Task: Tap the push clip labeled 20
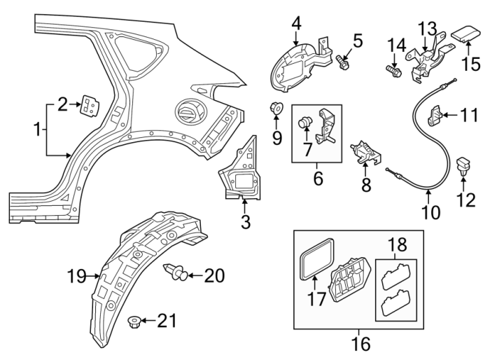click(176, 275)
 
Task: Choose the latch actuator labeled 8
click(364, 151)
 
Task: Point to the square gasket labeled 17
click(314, 263)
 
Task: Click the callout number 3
click(244, 223)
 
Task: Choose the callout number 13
click(427, 29)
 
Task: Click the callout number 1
click(36, 129)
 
